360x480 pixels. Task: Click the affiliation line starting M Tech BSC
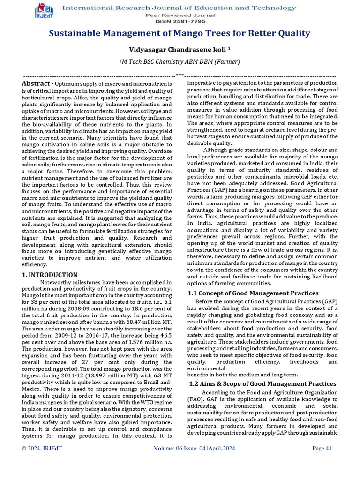[180, 62]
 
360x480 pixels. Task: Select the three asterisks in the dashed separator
[180, 75]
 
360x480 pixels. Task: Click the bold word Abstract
[37, 83]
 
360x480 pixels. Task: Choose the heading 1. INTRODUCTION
[50, 275]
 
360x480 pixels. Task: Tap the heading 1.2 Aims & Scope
[262, 383]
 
